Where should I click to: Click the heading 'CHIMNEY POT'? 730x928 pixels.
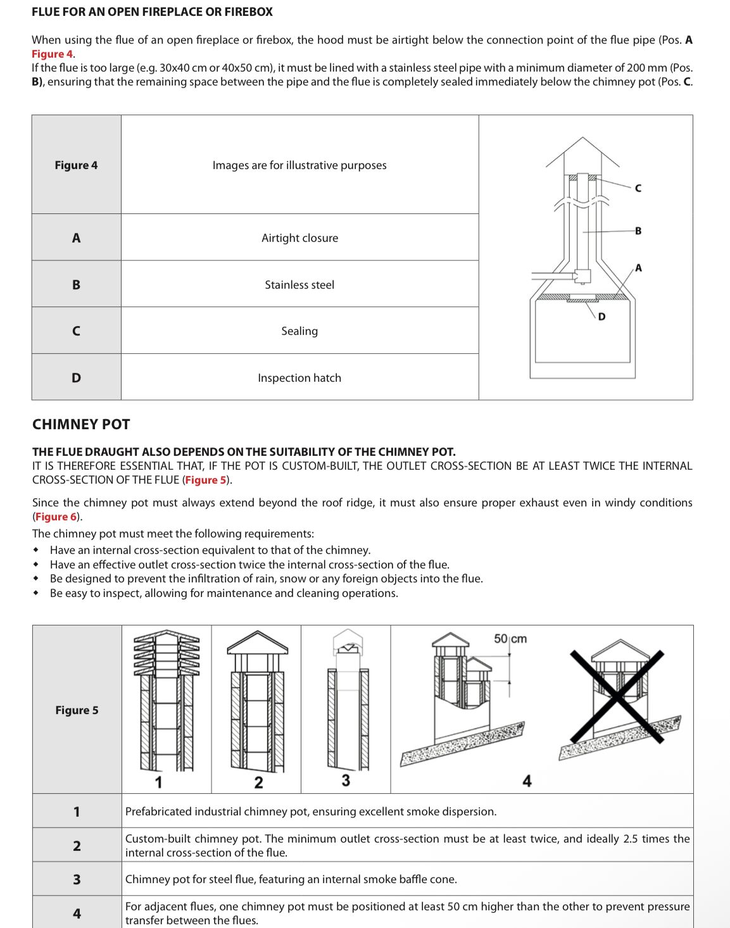[81, 424]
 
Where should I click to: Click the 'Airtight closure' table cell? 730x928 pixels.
[299, 238]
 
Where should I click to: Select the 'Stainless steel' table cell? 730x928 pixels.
[299, 285]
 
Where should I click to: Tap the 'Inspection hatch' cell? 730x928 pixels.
[299, 378]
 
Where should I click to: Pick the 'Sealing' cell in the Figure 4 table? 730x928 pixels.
[299, 331]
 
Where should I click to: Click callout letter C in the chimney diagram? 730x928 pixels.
[638, 188]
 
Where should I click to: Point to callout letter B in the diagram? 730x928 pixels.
[638, 231]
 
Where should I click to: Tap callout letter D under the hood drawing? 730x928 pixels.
[601, 317]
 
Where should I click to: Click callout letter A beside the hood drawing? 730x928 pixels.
[638, 268]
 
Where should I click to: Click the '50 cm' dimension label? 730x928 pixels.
[510, 639]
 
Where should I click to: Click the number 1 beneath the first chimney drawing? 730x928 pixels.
[158, 782]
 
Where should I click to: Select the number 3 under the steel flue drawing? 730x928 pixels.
[346, 781]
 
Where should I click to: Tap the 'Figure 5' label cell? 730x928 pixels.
[77, 710]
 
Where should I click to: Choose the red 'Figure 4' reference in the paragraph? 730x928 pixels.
[52, 54]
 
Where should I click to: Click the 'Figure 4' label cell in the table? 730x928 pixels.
[76, 165]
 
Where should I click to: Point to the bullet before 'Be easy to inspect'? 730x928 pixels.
[36, 593]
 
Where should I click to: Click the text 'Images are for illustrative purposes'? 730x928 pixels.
[299, 165]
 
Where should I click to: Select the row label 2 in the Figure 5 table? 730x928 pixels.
[77, 846]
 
